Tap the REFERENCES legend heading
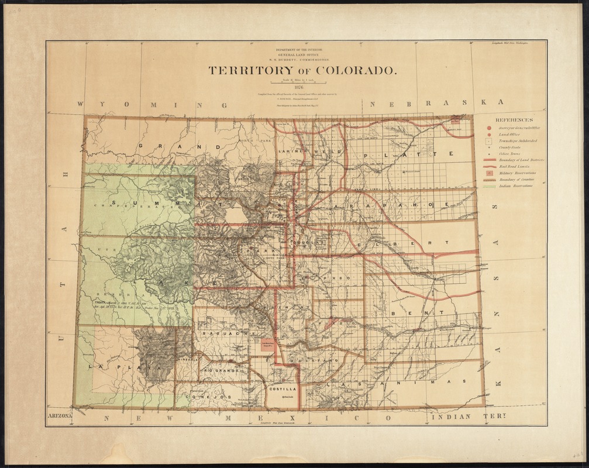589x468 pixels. click(x=514, y=119)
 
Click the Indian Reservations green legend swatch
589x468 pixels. click(x=489, y=187)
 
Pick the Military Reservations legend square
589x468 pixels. click(x=489, y=174)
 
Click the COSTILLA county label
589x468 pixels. click(x=283, y=388)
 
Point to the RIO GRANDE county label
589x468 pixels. click(x=220, y=370)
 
